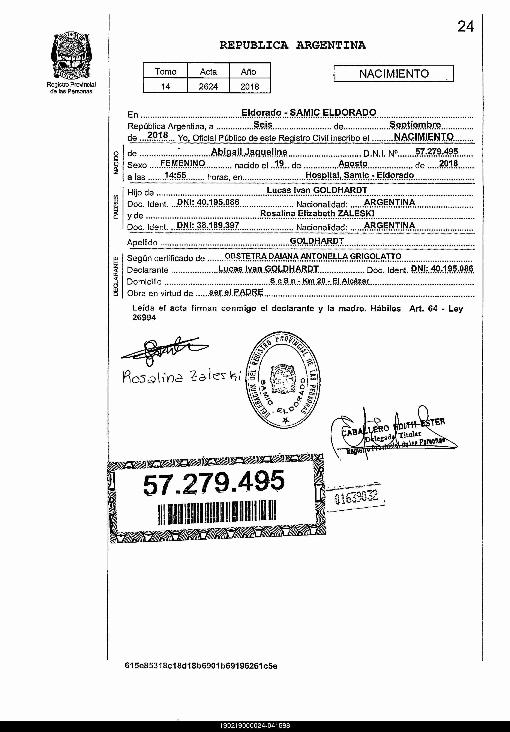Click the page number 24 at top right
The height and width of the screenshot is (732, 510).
coord(466,26)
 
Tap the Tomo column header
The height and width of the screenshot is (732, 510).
coord(165,71)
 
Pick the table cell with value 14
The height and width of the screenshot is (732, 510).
coord(165,86)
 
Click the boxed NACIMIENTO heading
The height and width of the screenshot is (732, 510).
coord(394,74)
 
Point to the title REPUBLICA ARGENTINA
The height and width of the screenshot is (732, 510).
coord(293,45)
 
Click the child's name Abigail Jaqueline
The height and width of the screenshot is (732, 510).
coord(249,152)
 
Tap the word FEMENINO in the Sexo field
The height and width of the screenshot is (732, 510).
coord(182,163)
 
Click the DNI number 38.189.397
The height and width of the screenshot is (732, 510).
coord(218,225)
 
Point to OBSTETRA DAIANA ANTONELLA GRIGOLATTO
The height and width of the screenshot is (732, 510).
coord(313,256)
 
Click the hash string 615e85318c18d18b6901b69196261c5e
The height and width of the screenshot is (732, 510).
coord(201,666)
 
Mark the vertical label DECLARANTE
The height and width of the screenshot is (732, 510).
coord(116,276)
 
